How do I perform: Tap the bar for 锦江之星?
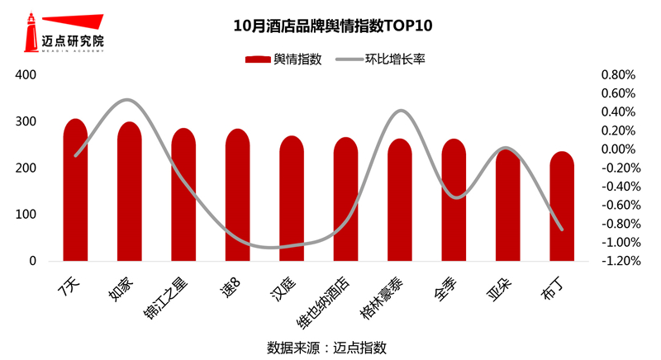point(183,198)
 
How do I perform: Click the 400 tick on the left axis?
point(27,75)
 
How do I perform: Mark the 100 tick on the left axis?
point(27,215)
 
